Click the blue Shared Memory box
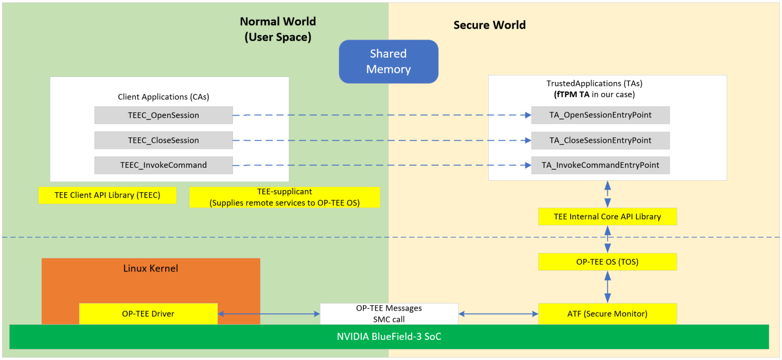click(x=388, y=61)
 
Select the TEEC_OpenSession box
click(x=163, y=115)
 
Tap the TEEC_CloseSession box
click(x=163, y=140)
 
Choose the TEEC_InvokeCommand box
click(x=163, y=165)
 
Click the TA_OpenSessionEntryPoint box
click(x=600, y=115)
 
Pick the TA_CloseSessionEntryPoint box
click(x=600, y=140)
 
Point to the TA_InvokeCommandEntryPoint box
click(x=600, y=165)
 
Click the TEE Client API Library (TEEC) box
click(x=108, y=195)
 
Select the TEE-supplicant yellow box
click(x=285, y=198)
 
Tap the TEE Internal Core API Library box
click(x=607, y=217)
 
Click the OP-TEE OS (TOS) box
click(x=607, y=262)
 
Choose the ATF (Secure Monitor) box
click(x=607, y=314)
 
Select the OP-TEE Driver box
click(x=148, y=314)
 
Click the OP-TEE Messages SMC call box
click(x=389, y=314)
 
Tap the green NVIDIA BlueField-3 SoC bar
click(x=389, y=337)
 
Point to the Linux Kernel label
click(x=150, y=268)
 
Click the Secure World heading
click(x=489, y=25)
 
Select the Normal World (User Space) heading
click(x=278, y=29)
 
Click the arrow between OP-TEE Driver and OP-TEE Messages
click(x=269, y=314)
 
